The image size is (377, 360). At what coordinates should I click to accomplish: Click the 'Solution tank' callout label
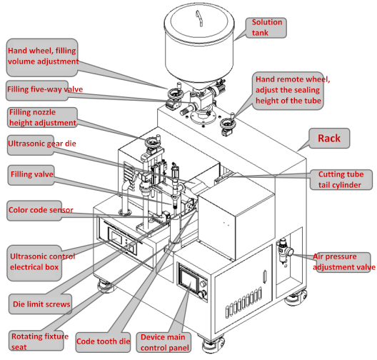pyautogui.click(x=266, y=28)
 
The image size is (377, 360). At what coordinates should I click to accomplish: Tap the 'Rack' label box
pyautogui.click(x=329, y=139)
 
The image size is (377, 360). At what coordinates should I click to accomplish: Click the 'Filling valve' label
pyautogui.click(x=31, y=175)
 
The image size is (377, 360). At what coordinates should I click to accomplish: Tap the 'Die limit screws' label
pyautogui.click(x=41, y=304)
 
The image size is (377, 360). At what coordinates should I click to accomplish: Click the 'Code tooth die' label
pyautogui.click(x=104, y=342)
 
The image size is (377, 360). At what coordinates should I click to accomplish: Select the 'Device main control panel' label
pyautogui.click(x=164, y=342)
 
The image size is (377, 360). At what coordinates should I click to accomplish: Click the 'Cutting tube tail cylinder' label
pyautogui.click(x=341, y=179)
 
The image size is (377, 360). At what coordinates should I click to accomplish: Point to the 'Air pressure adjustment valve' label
pyautogui.click(x=343, y=262)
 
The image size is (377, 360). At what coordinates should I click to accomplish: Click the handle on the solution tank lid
pyautogui.click(x=199, y=18)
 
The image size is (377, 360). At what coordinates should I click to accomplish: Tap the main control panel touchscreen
pyautogui.click(x=189, y=279)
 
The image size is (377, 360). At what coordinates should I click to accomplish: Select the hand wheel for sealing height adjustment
pyautogui.click(x=228, y=124)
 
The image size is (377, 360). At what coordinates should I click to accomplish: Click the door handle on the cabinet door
pyautogui.click(x=265, y=277)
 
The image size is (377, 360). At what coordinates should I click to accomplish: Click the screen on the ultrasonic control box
pyautogui.click(x=116, y=236)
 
